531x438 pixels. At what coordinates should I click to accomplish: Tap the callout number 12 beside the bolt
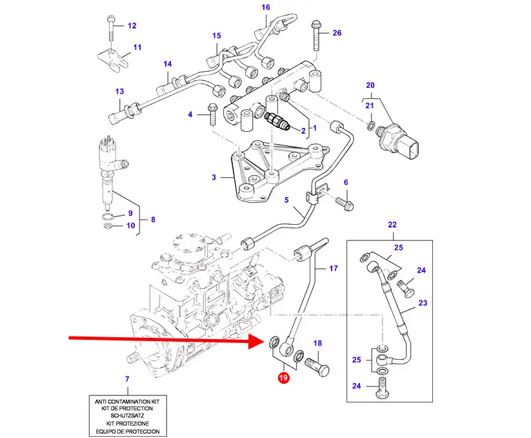(x=132, y=26)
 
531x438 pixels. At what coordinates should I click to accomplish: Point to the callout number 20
(x=370, y=85)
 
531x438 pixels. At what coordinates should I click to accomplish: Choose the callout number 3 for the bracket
(x=214, y=176)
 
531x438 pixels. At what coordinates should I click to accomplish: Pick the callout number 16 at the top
(x=265, y=8)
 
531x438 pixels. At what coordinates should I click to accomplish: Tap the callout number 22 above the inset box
(x=392, y=225)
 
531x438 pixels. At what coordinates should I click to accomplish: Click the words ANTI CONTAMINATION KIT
(x=126, y=401)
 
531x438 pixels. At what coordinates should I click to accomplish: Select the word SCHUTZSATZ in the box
(x=126, y=416)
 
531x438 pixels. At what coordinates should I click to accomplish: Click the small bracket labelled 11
(x=113, y=59)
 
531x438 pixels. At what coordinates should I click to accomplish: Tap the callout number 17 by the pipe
(x=334, y=268)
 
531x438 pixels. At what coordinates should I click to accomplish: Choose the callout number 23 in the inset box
(x=423, y=302)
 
